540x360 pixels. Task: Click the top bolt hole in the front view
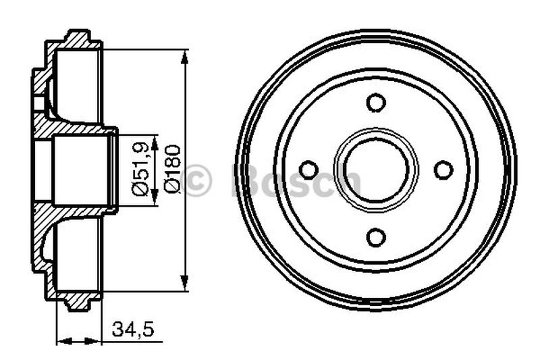coord(376,103)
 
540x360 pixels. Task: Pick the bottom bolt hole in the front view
coord(376,237)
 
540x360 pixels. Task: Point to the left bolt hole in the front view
coord(308,170)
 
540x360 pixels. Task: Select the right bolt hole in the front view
coord(443,170)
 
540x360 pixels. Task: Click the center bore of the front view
coord(376,170)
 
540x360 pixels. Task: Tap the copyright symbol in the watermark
coord(197,180)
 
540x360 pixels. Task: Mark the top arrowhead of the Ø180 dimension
coord(186,55)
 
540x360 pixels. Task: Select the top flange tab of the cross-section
coord(80,36)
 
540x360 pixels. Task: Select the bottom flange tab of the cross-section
coord(80,305)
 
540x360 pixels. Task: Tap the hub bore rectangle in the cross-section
coord(80,170)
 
